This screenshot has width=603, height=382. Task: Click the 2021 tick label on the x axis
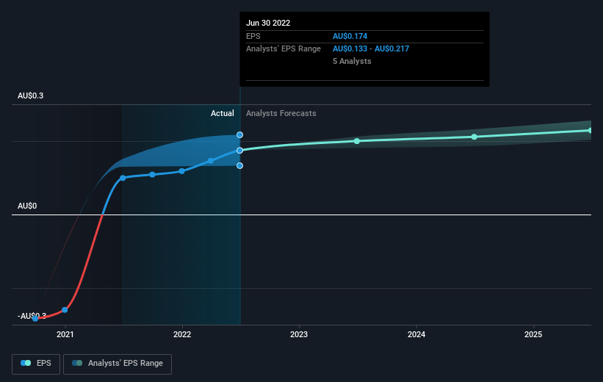[x=65, y=334]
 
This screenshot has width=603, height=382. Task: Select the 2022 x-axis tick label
[x=182, y=334]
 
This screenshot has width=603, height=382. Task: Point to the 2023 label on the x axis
[x=299, y=334]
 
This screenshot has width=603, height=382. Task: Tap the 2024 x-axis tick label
[x=416, y=334]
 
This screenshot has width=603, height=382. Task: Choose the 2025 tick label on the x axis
[x=533, y=334]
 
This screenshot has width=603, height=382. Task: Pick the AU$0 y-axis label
[x=27, y=206]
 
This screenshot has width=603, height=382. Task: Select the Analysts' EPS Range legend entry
[x=118, y=363]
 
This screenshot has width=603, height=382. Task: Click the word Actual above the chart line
[x=222, y=113]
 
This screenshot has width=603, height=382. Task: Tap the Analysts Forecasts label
[x=281, y=113]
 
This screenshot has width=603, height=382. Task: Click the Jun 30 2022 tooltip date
[x=268, y=23]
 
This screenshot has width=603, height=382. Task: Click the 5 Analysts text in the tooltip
[x=352, y=61]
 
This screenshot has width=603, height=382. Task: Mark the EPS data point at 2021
[x=65, y=310]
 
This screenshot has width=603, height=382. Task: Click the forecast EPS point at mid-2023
[x=357, y=141]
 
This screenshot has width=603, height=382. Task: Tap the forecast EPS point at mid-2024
[x=474, y=137]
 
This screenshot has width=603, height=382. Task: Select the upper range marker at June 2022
[x=240, y=135]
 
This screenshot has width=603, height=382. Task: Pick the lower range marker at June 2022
[x=240, y=165]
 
